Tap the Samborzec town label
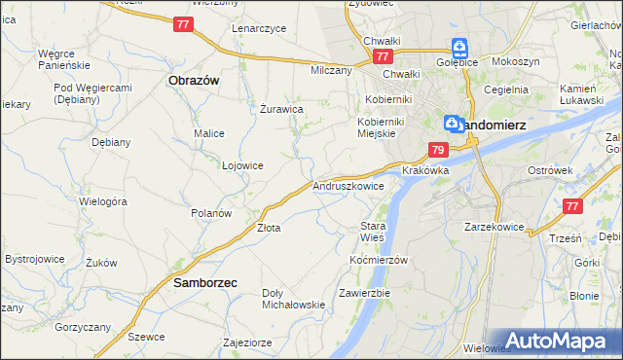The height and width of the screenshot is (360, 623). [x=206, y=283]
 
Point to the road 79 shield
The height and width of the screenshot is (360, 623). [x=437, y=150]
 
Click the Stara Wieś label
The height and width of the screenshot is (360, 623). [x=373, y=231]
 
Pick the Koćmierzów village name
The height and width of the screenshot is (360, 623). [x=377, y=260]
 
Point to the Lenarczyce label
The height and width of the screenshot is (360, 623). [x=259, y=28]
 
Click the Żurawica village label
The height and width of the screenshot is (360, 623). [x=282, y=108]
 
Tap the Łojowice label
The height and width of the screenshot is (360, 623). [x=242, y=165]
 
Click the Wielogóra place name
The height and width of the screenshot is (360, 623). [x=103, y=201]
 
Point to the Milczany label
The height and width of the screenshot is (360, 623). [x=331, y=70]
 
